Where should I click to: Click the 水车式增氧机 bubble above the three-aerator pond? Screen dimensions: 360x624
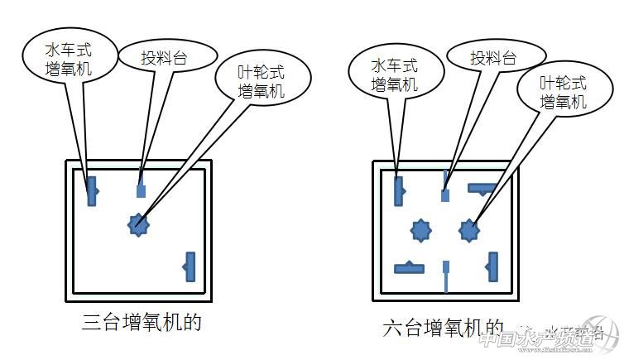point(69,56)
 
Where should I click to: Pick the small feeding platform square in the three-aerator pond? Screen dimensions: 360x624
point(141,191)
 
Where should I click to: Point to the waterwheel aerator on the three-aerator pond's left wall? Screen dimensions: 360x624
point(92,190)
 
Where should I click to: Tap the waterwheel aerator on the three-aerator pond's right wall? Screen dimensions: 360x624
point(190,266)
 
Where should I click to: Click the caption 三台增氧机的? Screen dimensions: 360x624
point(142,321)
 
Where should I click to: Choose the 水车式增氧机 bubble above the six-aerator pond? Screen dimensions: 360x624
point(394,74)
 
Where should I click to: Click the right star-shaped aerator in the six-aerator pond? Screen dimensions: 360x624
point(470,228)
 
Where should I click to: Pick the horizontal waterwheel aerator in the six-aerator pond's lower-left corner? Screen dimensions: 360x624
point(410,267)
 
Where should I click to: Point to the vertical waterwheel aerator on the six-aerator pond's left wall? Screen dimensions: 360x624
point(399,190)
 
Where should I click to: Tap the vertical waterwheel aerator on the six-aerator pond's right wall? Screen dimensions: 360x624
point(493,266)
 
